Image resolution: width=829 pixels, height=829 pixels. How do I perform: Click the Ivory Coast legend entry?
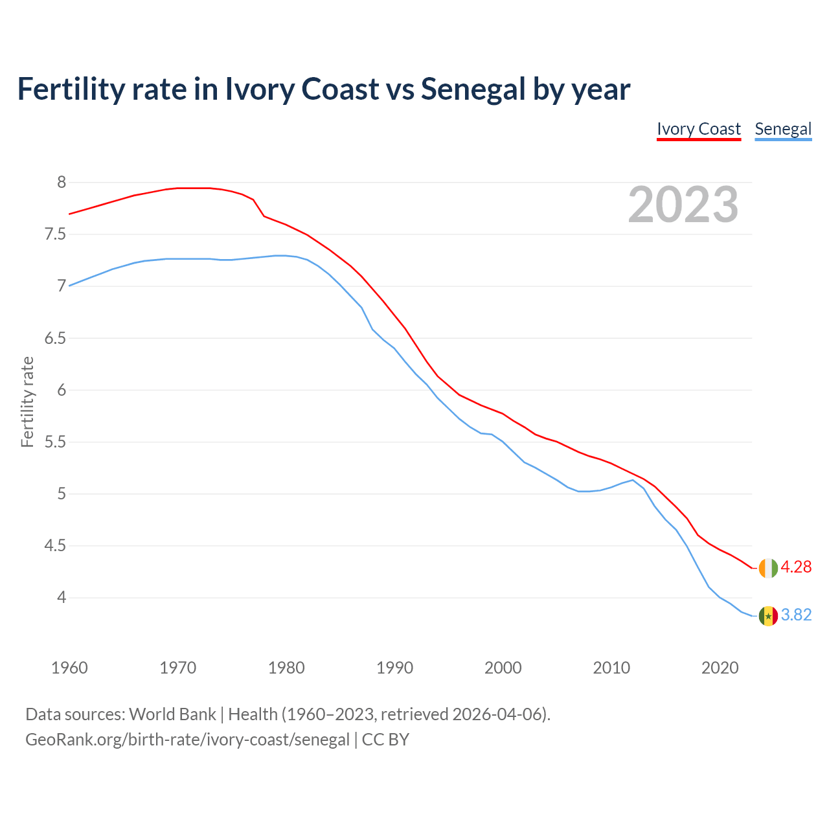tap(698, 129)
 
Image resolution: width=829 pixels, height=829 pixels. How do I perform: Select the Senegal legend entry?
tap(783, 129)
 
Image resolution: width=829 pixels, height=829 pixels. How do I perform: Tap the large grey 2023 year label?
tap(683, 205)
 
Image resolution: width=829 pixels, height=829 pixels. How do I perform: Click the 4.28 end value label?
tap(796, 567)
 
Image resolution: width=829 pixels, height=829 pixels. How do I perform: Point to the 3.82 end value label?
tap(796, 615)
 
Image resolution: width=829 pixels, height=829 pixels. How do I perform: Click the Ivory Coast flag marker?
tap(768, 567)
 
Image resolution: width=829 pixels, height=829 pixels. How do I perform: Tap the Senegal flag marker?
tap(768, 615)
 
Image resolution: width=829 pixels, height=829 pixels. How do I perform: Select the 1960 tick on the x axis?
tap(69, 668)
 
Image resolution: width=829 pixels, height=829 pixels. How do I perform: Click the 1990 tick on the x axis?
tap(394, 668)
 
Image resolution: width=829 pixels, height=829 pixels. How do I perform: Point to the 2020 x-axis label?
tap(720, 668)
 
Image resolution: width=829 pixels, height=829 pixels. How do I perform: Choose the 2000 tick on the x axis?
tap(503, 668)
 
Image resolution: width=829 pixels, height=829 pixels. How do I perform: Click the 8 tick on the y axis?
tap(62, 182)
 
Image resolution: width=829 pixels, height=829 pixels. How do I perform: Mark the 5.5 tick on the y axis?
tap(55, 442)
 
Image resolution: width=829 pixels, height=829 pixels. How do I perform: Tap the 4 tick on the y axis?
tap(62, 597)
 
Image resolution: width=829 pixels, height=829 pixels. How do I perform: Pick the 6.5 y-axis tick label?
tap(55, 338)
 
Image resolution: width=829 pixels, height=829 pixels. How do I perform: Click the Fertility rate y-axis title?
tap(27, 402)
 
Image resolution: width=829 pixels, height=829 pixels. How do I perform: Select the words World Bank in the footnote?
tap(172, 714)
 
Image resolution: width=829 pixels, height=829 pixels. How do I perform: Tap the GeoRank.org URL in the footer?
tap(187, 739)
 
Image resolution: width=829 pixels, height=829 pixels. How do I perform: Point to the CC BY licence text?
tap(385, 739)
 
